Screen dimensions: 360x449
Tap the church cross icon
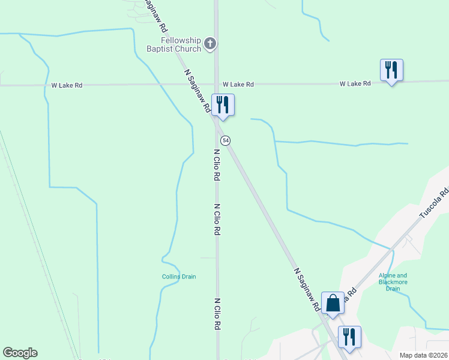pyautogui.click(x=210, y=43)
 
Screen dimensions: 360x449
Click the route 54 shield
pyautogui.click(x=225, y=140)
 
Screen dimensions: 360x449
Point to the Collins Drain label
pyautogui.click(x=179, y=277)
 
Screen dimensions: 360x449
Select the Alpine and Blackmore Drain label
pyautogui.click(x=393, y=282)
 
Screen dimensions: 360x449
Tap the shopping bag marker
pyautogui.click(x=333, y=304)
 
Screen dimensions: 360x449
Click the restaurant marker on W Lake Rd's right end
pyautogui.click(x=391, y=70)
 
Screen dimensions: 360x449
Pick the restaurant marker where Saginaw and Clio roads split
pyautogui.click(x=223, y=105)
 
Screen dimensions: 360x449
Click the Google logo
pyautogui.click(x=20, y=353)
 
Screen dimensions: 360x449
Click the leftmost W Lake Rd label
pyautogui.click(x=67, y=85)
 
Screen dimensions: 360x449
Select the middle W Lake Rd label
pyautogui.click(x=238, y=85)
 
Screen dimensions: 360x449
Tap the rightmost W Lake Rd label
pyautogui.click(x=355, y=83)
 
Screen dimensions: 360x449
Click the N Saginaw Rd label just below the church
pyautogui.click(x=197, y=91)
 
